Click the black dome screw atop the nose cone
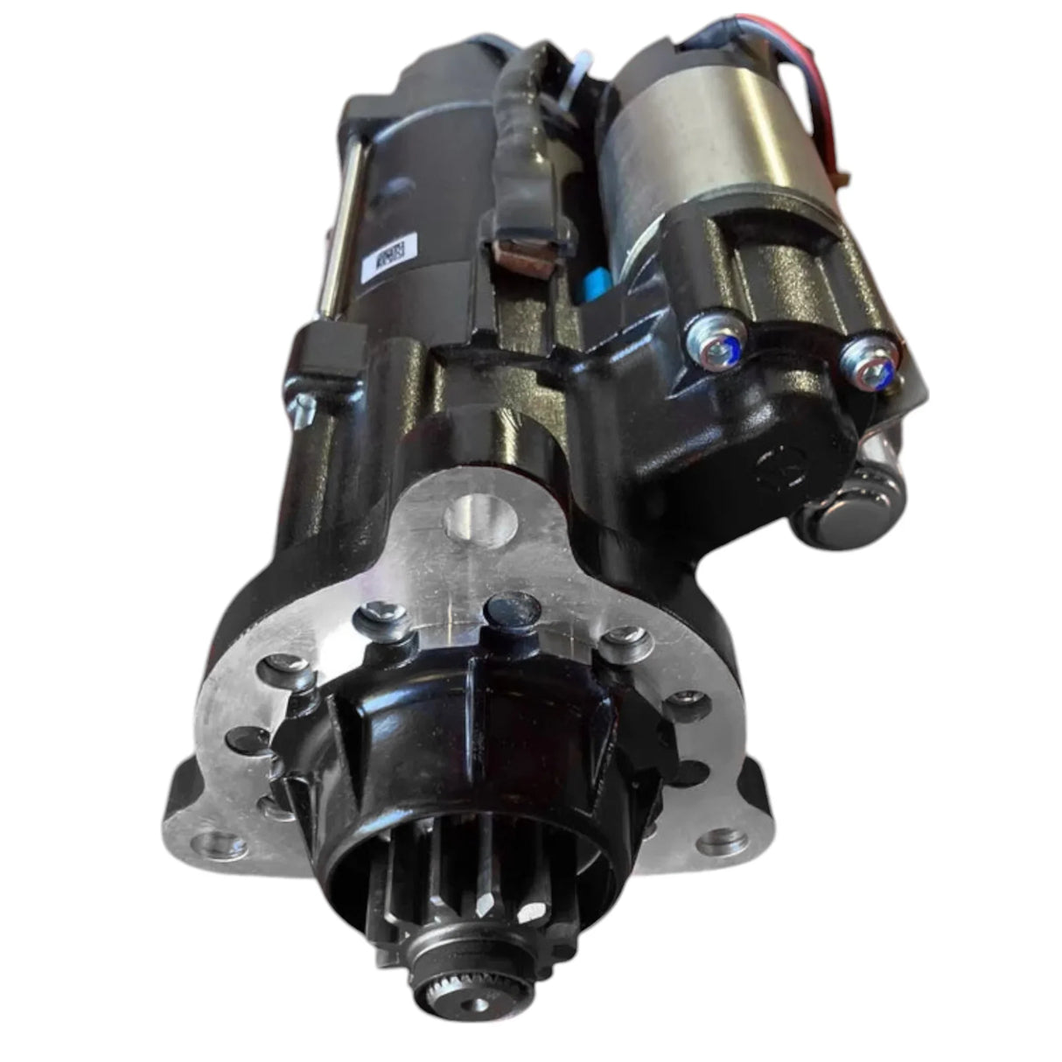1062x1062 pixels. click(514, 609)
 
